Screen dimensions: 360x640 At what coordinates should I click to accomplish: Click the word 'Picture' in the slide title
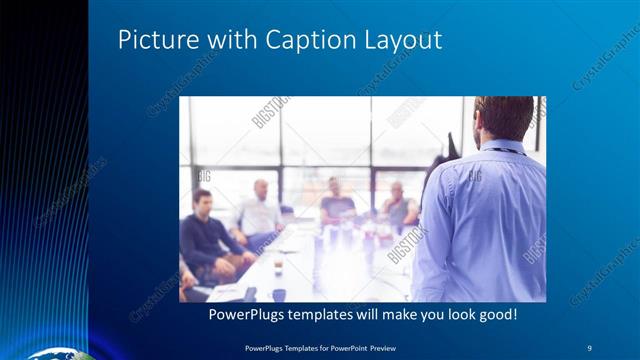[x=152, y=41]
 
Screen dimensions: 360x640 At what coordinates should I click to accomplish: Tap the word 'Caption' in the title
[x=302, y=42]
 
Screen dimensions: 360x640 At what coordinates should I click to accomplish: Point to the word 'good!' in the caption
[x=495, y=314]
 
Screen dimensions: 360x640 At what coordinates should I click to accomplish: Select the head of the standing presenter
[x=504, y=118]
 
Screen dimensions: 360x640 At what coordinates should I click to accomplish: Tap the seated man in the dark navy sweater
[x=206, y=235]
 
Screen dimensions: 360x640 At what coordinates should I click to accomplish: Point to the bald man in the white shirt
[x=258, y=212]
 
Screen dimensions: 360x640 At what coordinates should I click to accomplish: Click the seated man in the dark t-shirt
[x=337, y=204]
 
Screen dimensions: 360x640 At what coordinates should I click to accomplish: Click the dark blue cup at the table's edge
[x=279, y=294]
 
